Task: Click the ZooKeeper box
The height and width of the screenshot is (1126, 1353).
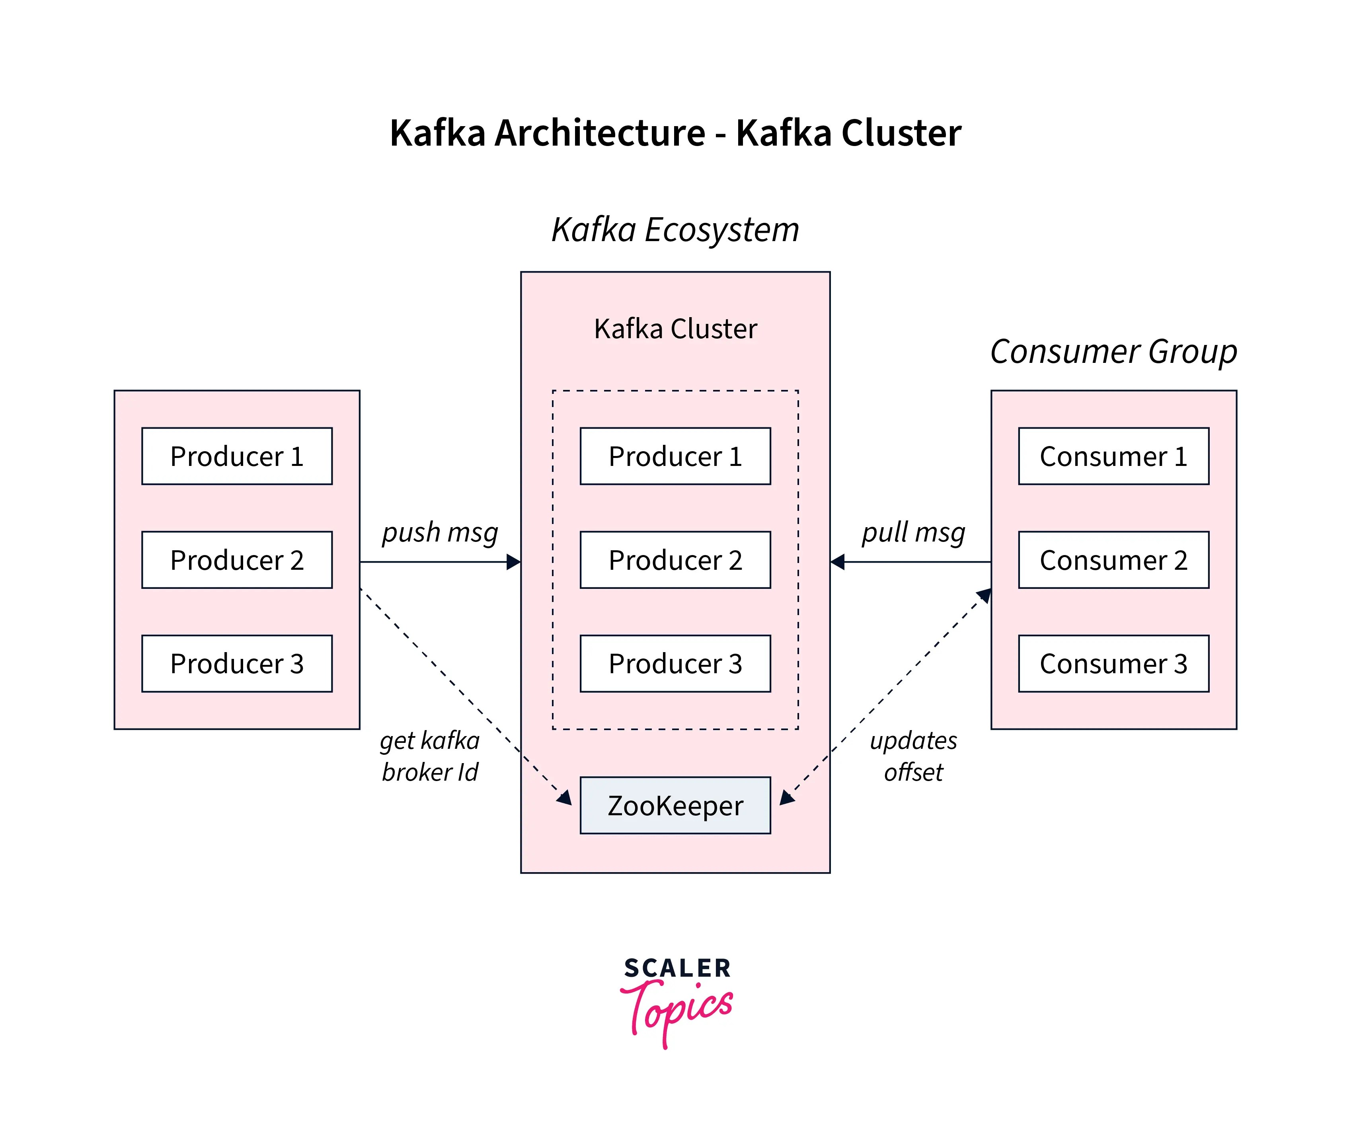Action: tap(675, 806)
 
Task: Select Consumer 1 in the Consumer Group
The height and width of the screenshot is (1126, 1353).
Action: tap(1113, 456)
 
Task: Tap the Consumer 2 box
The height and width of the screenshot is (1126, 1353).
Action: tap(1113, 560)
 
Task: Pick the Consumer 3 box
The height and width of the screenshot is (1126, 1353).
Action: tap(1113, 664)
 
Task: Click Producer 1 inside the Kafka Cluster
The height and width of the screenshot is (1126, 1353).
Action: tap(675, 456)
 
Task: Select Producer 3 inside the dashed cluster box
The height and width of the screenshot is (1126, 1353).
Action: tap(675, 664)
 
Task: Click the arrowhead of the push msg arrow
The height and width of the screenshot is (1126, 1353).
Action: tap(514, 562)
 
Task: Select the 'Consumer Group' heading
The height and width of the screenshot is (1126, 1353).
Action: tap(1113, 352)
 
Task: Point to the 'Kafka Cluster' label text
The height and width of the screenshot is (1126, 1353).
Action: tap(675, 329)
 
